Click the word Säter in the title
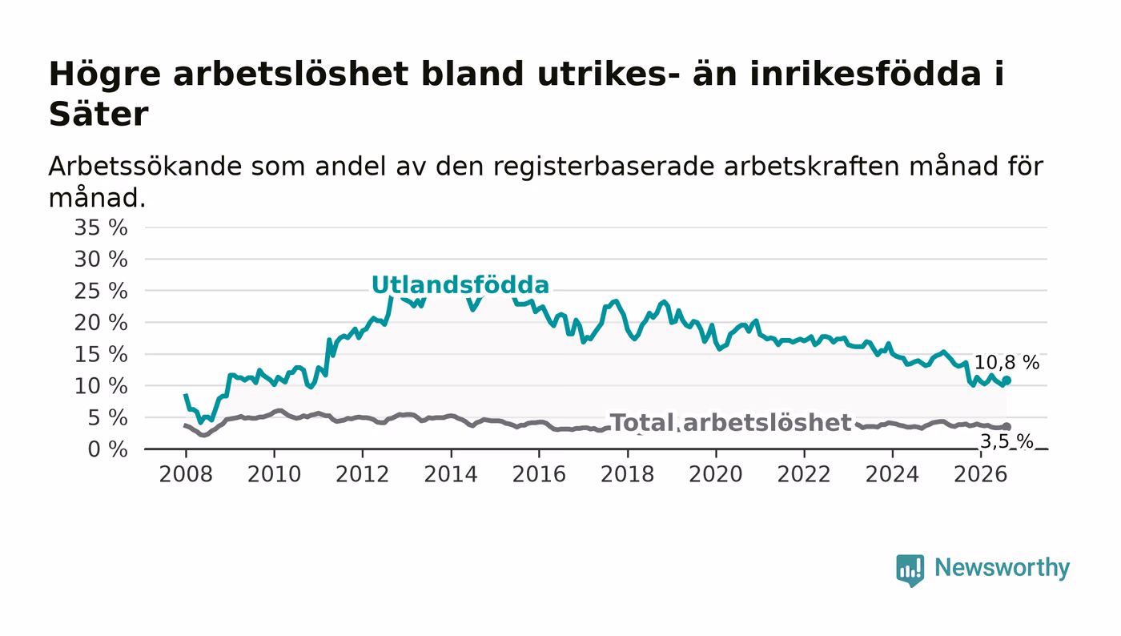[98, 115]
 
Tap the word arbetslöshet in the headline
[291, 74]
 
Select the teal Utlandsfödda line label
[460, 284]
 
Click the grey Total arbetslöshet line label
[730, 423]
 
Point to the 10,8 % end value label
[1007, 362]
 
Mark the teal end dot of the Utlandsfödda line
[1006, 380]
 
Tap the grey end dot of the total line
[1006, 427]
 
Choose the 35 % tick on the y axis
[101, 227]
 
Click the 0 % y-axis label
[107, 449]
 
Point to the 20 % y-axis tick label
[101, 323]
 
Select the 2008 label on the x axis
[186, 474]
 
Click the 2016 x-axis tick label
[539, 474]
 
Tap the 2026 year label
[980, 474]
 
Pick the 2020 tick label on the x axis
[716, 474]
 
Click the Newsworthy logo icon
[910, 570]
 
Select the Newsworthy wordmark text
[1002, 568]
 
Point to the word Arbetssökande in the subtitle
[145, 166]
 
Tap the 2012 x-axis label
[362, 474]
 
